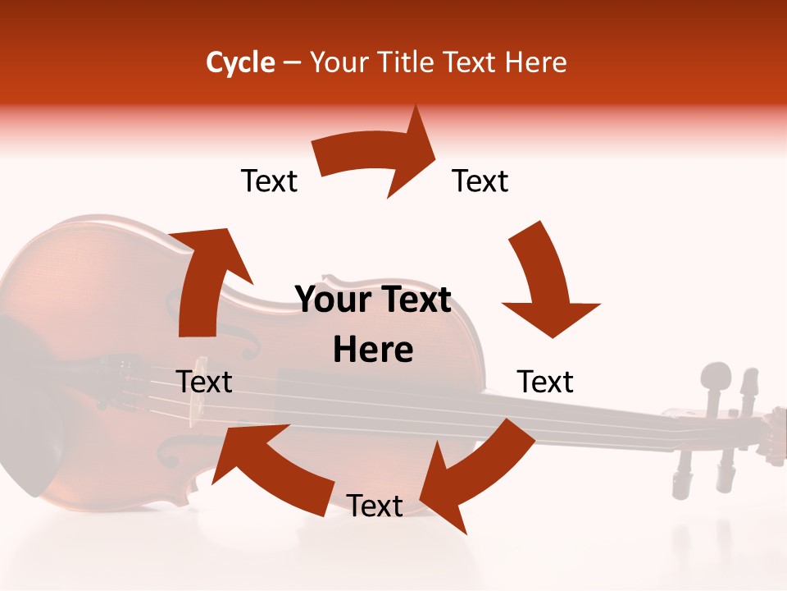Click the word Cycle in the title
240,62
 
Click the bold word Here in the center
373,350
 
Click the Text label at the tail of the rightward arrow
269,181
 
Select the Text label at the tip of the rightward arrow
480,181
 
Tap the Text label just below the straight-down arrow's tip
545,382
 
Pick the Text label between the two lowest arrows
375,506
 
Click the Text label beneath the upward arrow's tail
204,382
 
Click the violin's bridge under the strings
197,402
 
